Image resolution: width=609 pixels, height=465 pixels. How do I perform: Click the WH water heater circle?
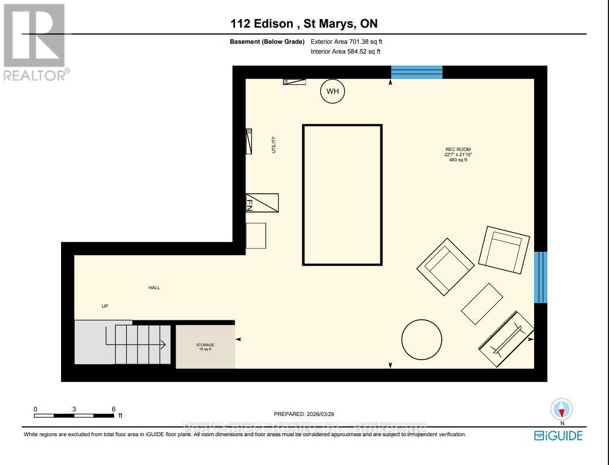(332, 92)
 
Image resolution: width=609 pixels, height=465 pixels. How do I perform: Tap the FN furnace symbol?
(262, 203)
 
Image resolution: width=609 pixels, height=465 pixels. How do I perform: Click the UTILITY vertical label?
(274, 145)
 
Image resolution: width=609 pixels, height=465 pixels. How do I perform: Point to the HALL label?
(154, 288)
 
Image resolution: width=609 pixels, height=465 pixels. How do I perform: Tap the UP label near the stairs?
(105, 306)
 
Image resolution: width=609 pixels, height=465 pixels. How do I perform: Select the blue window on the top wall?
(417, 72)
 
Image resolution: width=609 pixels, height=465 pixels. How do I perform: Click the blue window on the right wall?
(540, 277)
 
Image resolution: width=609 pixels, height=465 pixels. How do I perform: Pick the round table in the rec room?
(422, 340)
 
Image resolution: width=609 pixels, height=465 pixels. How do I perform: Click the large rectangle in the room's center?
(342, 195)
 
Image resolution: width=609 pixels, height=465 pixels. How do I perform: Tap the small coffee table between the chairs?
(482, 304)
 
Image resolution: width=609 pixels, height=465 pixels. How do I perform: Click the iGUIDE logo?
(558, 436)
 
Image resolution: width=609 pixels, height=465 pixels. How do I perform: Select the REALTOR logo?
(35, 43)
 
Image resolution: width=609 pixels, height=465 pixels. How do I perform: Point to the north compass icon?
(561, 410)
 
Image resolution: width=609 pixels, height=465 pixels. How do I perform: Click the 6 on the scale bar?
(114, 409)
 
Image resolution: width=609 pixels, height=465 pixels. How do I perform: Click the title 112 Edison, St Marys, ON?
(304, 24)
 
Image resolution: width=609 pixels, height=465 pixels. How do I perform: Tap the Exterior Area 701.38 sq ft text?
(346, 41)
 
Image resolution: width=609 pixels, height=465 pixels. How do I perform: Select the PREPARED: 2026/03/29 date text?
(304, 414)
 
